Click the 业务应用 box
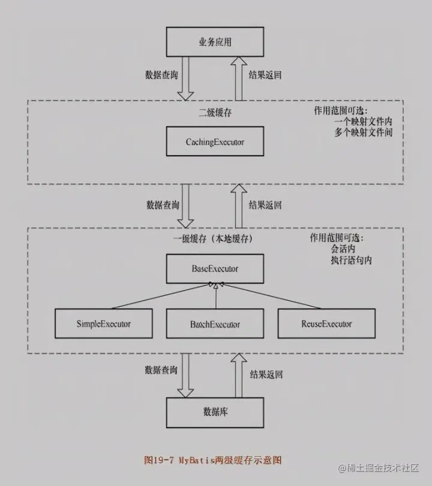click(215, 43)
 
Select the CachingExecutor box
click(215, 143)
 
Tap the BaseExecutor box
click(215, 268)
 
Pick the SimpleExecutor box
click(104, 324)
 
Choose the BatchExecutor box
click(215, 324)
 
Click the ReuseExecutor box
click(326, 324)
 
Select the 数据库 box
click(215, 412)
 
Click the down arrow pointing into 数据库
click(186, 376)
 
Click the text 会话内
click(343, 249)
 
